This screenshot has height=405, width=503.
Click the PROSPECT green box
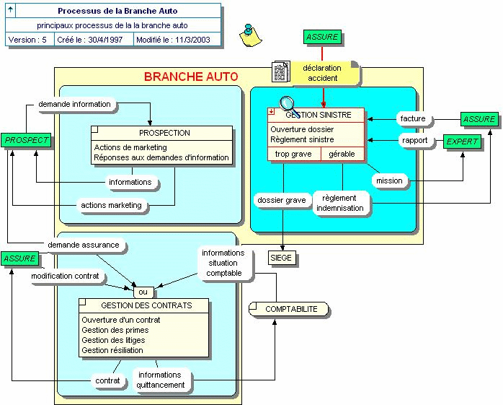click(27, 140)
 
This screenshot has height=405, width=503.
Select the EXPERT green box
click(462, 141)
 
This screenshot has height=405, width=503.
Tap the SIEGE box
click(282, 258)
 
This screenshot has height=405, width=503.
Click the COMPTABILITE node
click(290, 309)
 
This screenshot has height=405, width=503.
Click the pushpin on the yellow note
click(250, 32)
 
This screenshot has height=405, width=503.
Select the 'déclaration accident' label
click(322, 73)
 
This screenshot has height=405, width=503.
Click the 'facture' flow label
click(413, 118)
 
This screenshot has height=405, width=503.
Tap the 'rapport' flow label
click(415, 141)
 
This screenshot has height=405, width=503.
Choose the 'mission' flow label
click(390, 180)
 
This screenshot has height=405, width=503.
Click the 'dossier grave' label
click(281, 200)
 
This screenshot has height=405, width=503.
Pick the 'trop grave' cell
click(293, 154)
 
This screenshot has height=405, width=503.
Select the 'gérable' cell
click(342, 154)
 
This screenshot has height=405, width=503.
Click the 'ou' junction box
click(143, 292)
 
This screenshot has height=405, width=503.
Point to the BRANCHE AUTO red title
click(191, 77)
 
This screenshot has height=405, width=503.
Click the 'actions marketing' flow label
click(111, 205)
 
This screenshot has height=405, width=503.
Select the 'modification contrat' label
click(65, 276)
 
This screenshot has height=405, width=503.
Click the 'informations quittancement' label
click(161, 380)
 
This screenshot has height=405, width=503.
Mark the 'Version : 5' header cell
click(28, 40)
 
